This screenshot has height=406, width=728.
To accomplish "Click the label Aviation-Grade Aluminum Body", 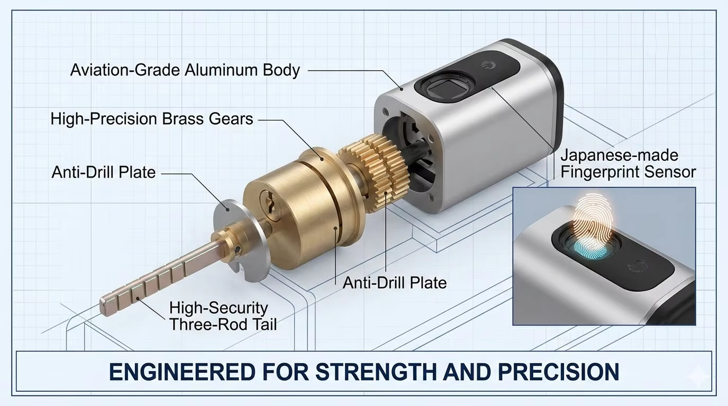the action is click(x=185, y=70).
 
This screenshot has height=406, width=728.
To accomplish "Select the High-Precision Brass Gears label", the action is click(x=152, y=119).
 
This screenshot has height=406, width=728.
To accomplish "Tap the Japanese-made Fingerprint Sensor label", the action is click(x=628, y=164).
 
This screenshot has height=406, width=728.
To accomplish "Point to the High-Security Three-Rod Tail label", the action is click(x=223, y=316).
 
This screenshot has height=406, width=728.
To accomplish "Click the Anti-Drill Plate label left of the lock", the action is click(x=104, y=172).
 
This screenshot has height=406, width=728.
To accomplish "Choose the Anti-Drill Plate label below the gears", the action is click(x=395, y=283).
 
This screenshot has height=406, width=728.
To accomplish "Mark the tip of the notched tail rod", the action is click(x=102, y=308).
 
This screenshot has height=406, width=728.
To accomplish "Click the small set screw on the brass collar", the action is click(x=238, y=250).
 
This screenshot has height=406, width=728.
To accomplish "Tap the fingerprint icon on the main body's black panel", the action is click(x=487, y=66).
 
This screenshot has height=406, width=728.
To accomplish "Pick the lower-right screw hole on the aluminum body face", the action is click(x=431, y=197).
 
